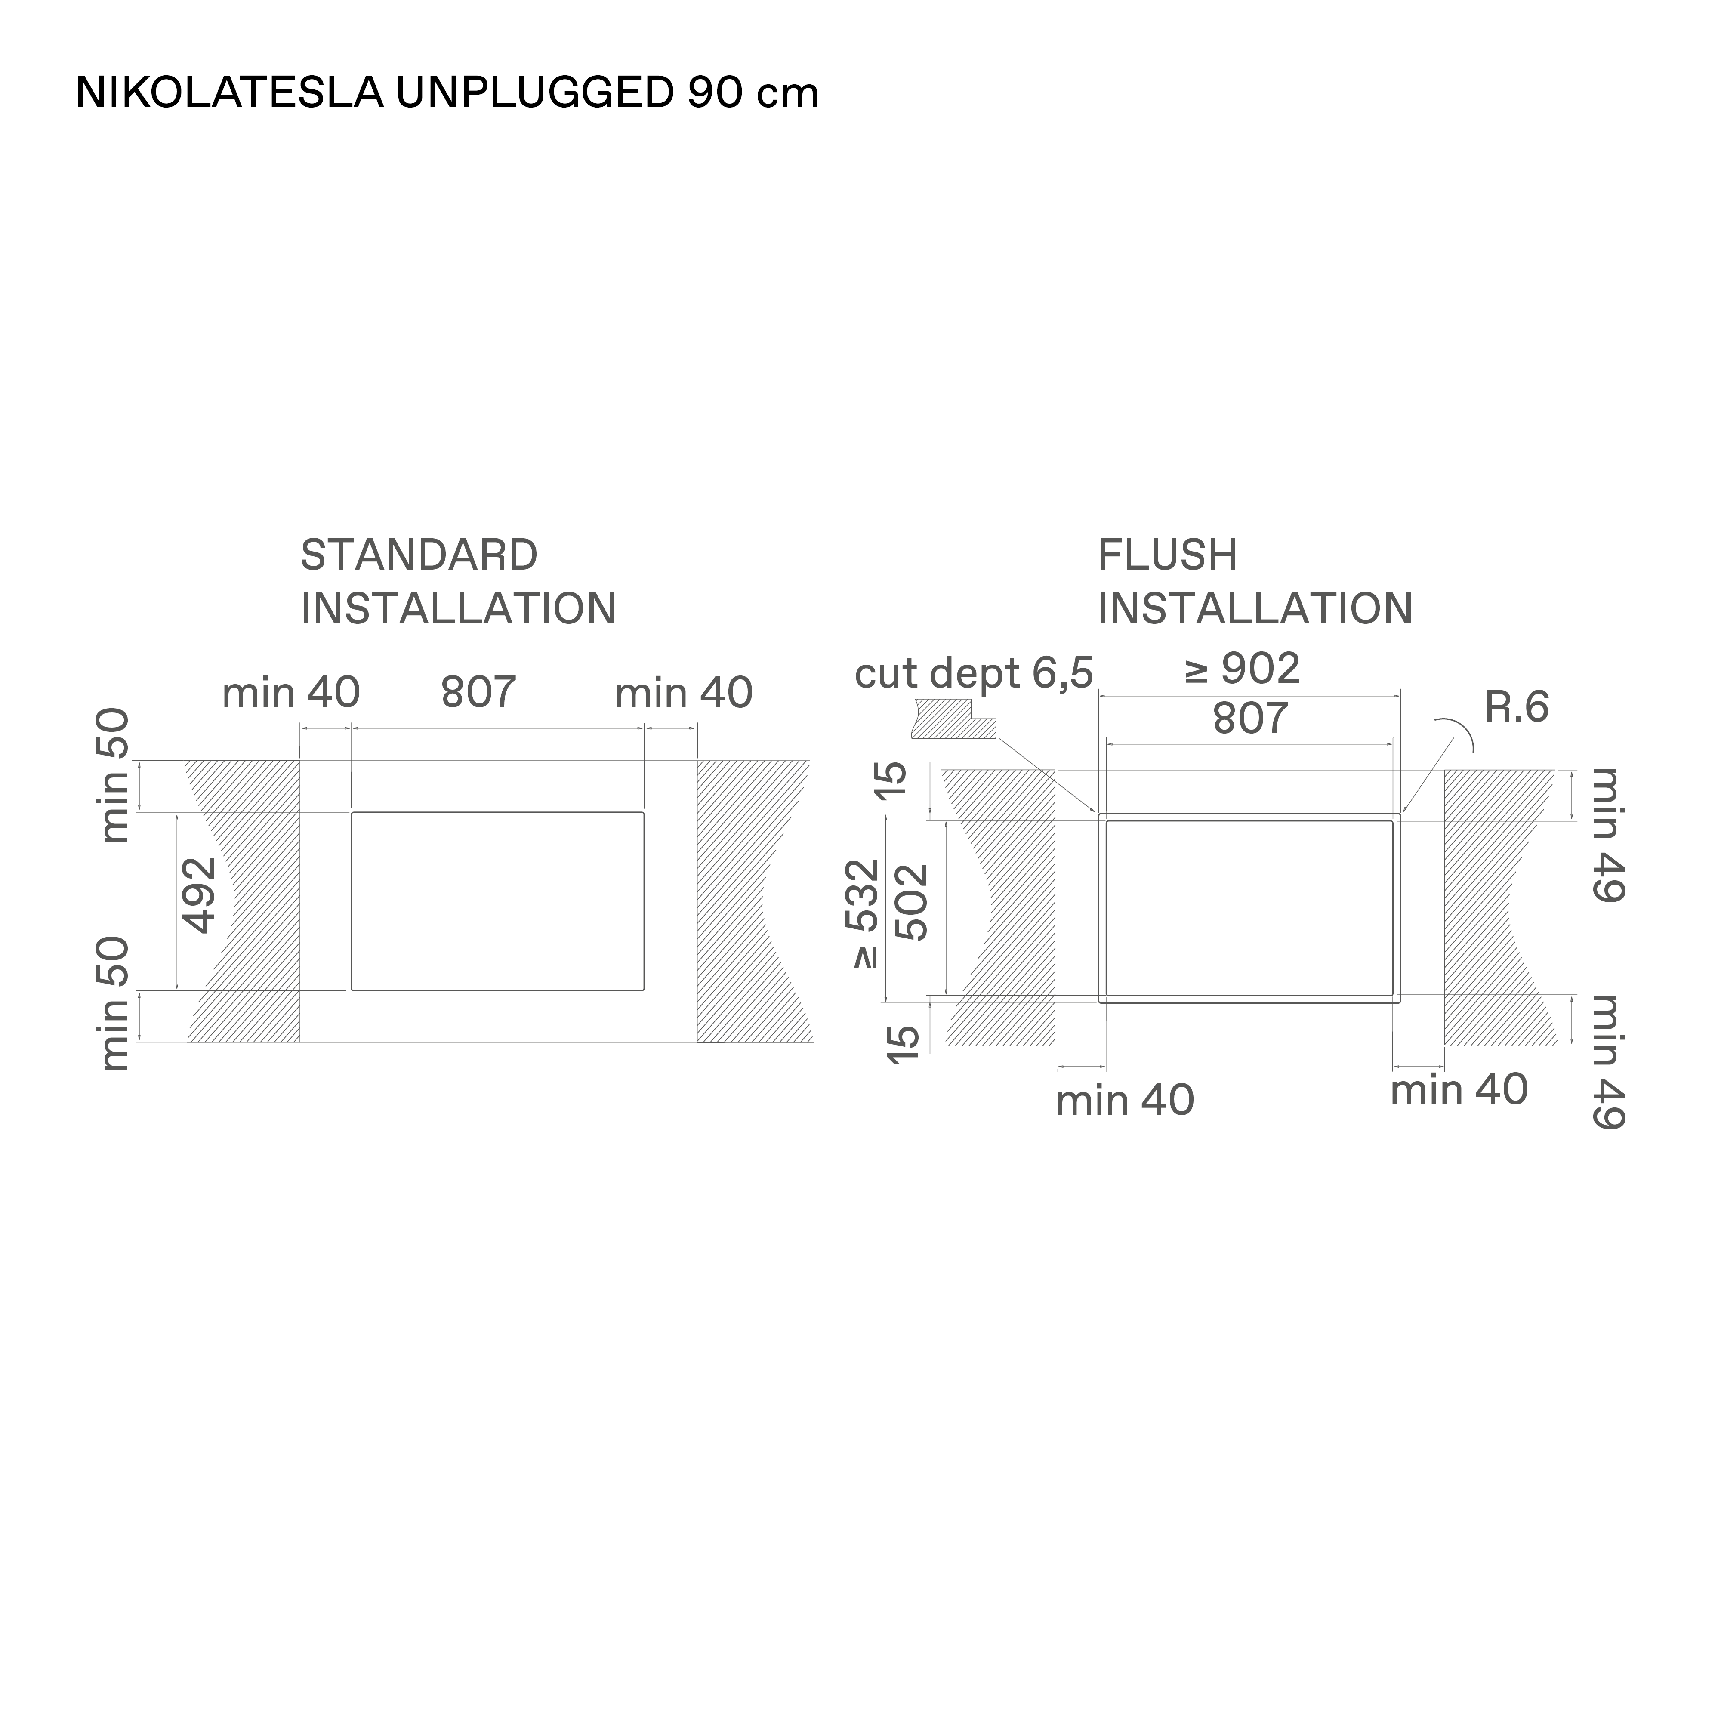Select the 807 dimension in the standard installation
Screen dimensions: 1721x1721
click(478, 692)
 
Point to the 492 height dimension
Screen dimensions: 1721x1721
click(199, 895)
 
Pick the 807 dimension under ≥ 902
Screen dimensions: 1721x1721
click(1250, 718)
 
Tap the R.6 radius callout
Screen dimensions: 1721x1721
click(1516, 707)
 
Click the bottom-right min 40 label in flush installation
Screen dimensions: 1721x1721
click(1459, 1089)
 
